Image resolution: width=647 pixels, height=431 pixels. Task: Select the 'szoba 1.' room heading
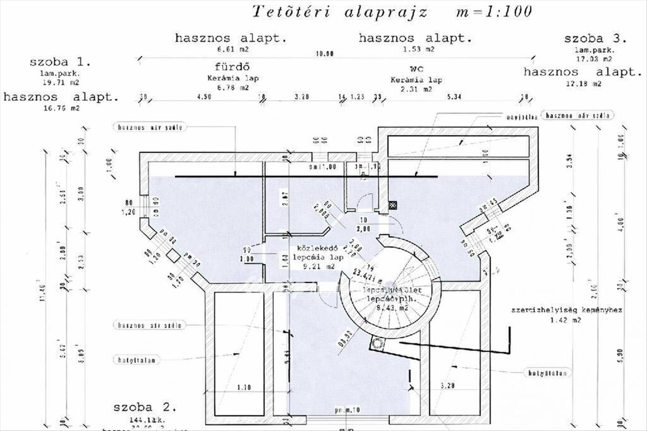coord(60,62)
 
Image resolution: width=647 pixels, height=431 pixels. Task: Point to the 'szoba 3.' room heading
coord(595,39)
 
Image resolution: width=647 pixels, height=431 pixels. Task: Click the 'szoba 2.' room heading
coord(144,406)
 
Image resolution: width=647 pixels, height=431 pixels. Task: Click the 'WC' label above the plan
coord(416,70)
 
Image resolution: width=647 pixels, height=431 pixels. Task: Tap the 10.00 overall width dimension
coord(326,54)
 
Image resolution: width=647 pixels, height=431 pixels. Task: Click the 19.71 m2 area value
coord(60,83)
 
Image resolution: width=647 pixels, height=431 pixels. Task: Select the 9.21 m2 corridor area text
coord(317,266)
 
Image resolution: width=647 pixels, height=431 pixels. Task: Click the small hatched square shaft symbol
coord(393,205)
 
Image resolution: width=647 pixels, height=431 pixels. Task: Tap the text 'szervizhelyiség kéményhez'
coord(567,311)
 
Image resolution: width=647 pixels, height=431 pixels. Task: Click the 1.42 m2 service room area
coord(566,320)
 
